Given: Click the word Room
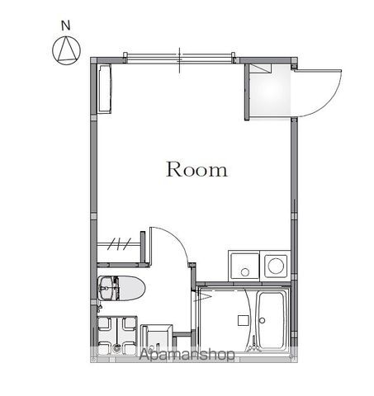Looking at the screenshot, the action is pyautogui.click(x=197, y=169).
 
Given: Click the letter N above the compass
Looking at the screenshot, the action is pyautogui.click(x=66, y=26).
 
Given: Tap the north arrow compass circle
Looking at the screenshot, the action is pyautogui.click(x=66, y=50).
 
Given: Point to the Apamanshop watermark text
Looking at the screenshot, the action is pyautogui.click(x=187, y=355).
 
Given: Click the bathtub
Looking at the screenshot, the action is pyautogui.click(x=272, y=320).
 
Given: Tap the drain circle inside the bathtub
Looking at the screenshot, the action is pyautogui.click(x=263, y=320).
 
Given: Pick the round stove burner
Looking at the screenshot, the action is pyautogui.click(x=276, y=266).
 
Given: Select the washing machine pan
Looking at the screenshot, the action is pyautogui.click(x=117, y=336).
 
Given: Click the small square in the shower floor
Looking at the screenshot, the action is pyautogui.click(x=244, y=320).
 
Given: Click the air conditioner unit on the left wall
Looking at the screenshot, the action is pyautogui.click(x=105, y=89).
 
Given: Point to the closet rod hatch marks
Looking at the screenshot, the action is pyautogui.click(x=119, y=243).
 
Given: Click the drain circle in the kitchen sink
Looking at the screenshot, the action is pyautogui.click(x=244, y=272).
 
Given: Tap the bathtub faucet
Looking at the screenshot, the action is pyautogui.click(x=253, y=347).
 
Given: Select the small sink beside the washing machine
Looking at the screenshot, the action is pyautogui.click(x=156, y=338).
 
